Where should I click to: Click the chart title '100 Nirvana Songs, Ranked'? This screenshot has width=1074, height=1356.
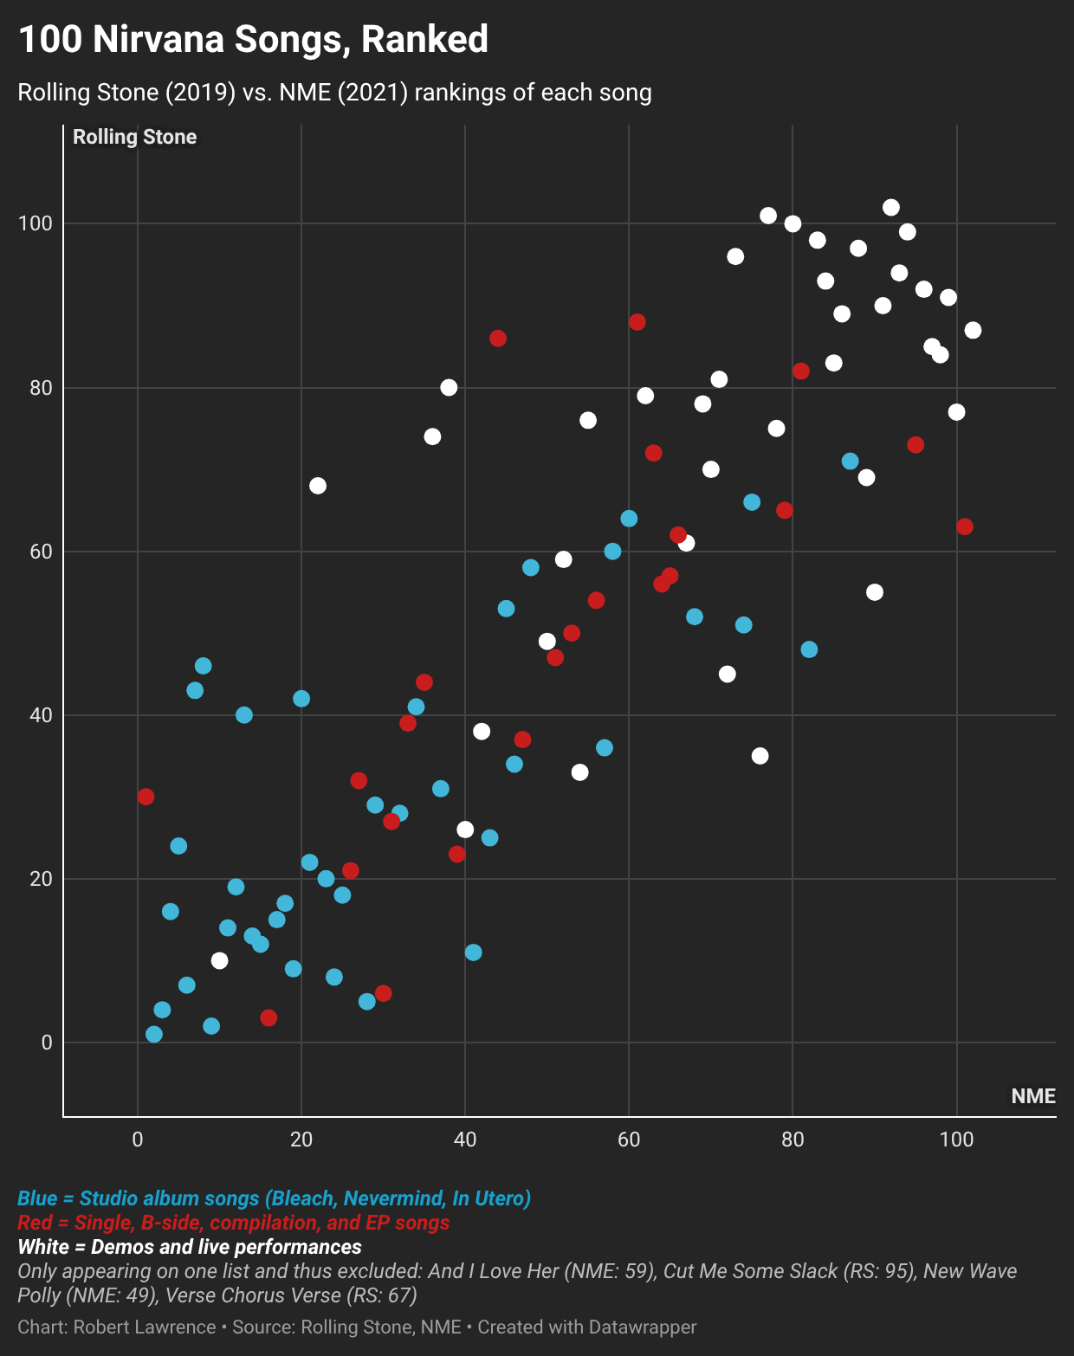click(253, 40)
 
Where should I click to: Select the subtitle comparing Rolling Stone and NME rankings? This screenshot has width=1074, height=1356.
click(334, 93)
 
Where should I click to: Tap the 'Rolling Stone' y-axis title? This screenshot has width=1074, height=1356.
click(134, 137)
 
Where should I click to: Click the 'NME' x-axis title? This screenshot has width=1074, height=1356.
click(1032, 1096)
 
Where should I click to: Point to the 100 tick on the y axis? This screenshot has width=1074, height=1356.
click(36, 223)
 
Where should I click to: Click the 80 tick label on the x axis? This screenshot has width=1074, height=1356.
click(793, 1140)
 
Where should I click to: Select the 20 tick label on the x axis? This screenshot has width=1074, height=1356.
click(301, 1140)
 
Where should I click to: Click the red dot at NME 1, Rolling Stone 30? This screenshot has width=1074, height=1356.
click(146, 797)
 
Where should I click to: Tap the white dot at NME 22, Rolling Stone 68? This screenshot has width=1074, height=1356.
click(318, 486)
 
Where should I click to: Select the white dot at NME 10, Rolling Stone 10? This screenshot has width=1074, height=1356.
click(219, 960)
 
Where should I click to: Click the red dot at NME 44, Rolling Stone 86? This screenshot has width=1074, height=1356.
click(498, 339)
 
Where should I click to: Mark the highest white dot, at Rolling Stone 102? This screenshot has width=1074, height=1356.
click(890, 208)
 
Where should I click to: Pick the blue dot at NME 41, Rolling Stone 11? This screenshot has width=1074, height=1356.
click(473, 952)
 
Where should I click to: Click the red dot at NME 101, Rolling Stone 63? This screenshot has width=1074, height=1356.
click(965, 526)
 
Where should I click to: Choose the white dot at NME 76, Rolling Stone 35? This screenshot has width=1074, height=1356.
click(760, 756)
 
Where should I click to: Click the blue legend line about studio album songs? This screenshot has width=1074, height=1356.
click(274, 1198)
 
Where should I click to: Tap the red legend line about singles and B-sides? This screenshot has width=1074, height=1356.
click(234, 1223)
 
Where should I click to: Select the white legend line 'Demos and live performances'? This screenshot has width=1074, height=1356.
click(190, 1247)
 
